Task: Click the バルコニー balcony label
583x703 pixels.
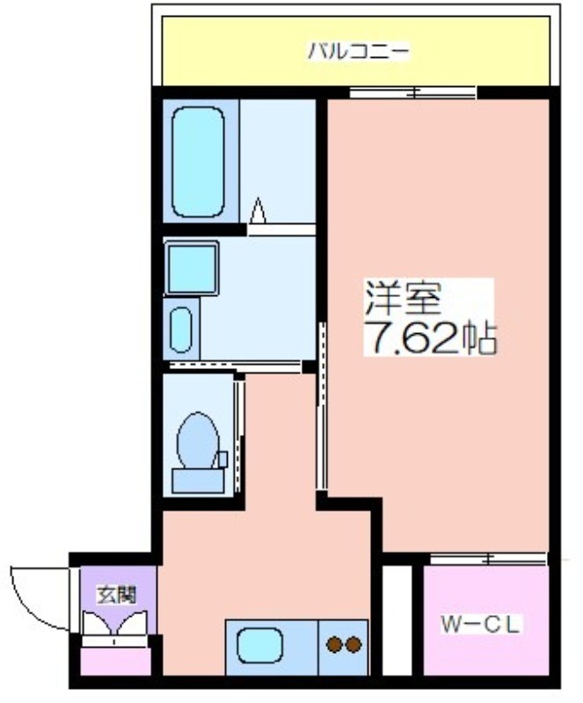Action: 358,51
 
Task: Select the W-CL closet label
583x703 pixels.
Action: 480,625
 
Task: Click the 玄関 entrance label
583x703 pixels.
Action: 117,596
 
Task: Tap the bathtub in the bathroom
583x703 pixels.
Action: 198,162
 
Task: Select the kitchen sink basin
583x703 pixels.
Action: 259,645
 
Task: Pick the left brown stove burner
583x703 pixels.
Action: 334,644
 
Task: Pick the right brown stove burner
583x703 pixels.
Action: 353,644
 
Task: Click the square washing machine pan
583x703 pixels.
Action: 192,268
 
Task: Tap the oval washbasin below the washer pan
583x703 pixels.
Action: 181,329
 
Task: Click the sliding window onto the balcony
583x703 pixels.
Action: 412,93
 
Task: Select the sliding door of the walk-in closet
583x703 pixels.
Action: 489,559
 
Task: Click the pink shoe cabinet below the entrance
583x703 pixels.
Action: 115,662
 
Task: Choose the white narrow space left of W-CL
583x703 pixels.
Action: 397,620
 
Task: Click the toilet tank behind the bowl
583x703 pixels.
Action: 199,481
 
